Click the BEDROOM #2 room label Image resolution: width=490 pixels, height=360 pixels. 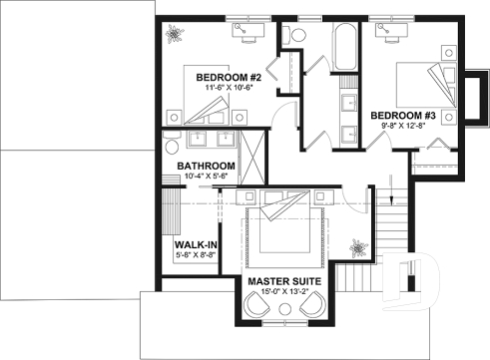click(x=228, y=77)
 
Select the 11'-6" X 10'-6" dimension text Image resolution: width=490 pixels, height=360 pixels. click(x=228, y=89)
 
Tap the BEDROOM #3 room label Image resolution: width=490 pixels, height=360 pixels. click(x=403, y=116)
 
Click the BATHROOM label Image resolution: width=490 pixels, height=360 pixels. click(x=206, y=166)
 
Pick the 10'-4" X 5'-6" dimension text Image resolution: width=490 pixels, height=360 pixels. click(x=206, y=177)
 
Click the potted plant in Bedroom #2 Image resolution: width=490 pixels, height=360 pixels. click(x=177, y=33)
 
